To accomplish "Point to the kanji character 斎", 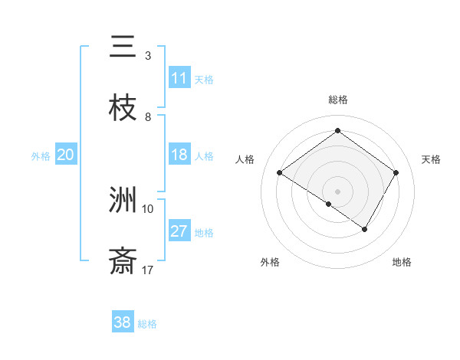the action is pyautogui.click(x=123, y=262).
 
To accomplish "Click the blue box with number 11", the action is pyautogui.click(x=179, y=78).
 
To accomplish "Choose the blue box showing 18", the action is pyautogui.click(x=179, y=155).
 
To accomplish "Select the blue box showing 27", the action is pyautogui.click(x=179, y=231).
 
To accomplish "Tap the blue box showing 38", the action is pyautogui.click(x=123, y=322).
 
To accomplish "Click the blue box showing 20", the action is pyautogui.click(x=65, y=155).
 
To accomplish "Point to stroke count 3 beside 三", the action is pyautogui.click(x=148, y=56).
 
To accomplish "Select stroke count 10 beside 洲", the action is pyautogui.click(x=148, y=209).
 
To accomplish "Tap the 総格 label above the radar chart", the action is pyautogui.click(x=337, y=100).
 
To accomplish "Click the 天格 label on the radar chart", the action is pyautogui.click(x=432, y=159).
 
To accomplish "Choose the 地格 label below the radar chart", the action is pyautogui.click(x=402, y=262).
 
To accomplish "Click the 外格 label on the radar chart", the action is pyautogui.click(x=270, y=262).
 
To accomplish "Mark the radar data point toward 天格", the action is pyautogui.click(x=396, y=173).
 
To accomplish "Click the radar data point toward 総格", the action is pyautogui.click(x=337, y=131).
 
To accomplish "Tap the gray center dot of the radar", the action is pyautogui.click(x=337, y=191).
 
